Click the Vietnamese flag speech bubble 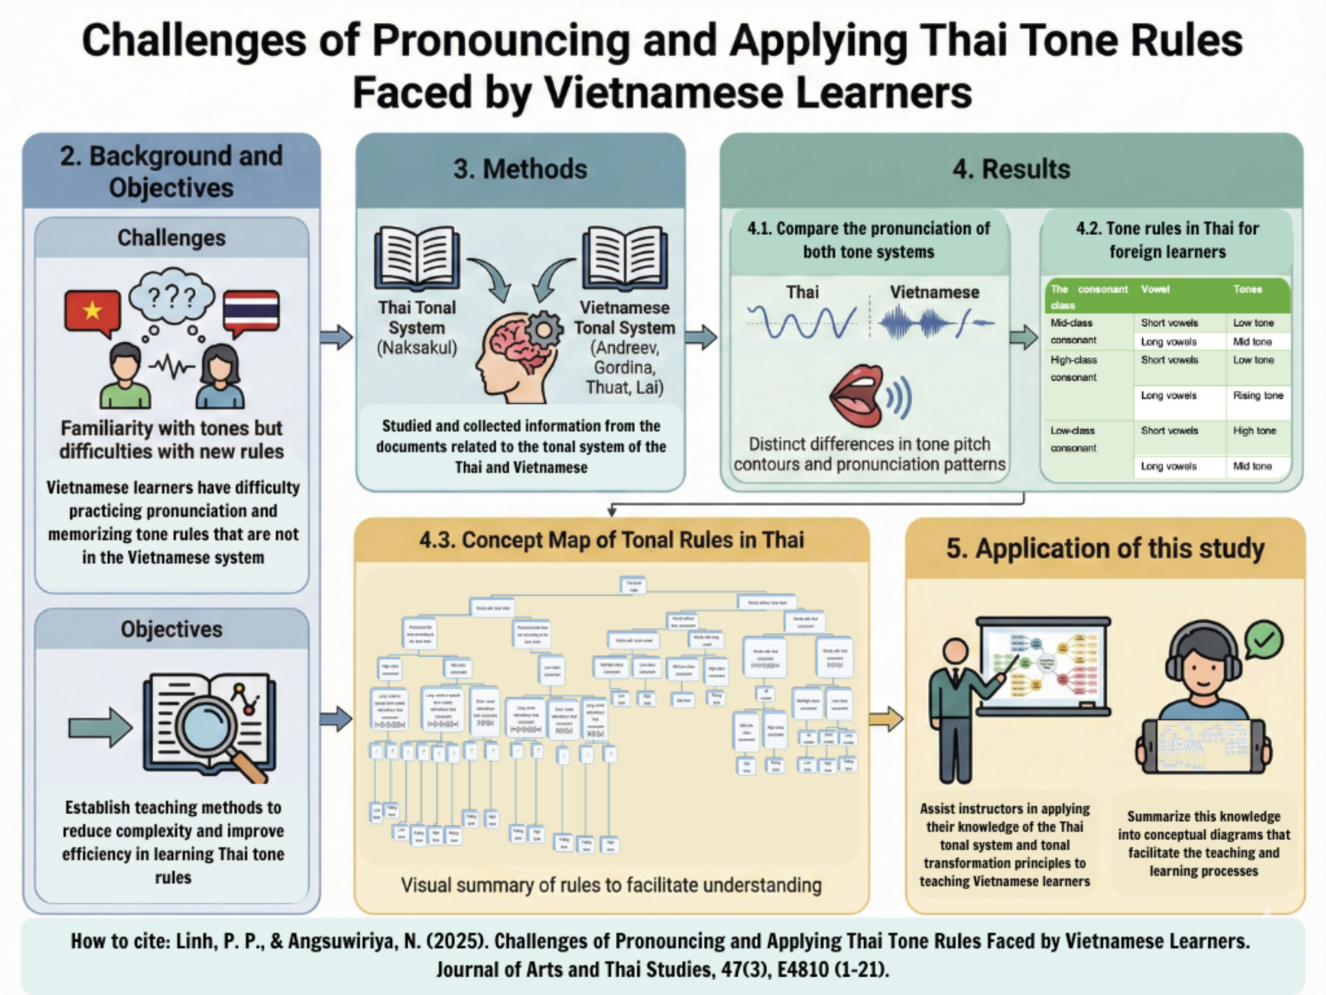pos(92,312)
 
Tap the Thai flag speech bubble pos(251,312)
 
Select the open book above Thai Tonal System pos(417,257)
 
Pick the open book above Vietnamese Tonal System pos(625,257)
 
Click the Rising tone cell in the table pos(1257,396)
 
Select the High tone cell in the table pos(1254,431)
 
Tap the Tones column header pos(1247,290)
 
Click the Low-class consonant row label pos(1073,439)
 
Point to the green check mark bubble pos(1263,640)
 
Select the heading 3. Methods pos(520,170)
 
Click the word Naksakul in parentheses pos(417,349)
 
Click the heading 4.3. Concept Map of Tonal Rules pos(611,540)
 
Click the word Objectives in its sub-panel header pos(172,629)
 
